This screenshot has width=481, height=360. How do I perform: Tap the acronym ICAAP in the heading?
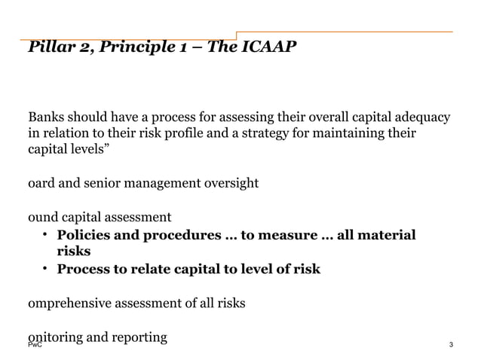[269, 48]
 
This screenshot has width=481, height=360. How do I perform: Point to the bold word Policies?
[86, 235]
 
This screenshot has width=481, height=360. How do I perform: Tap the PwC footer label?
[35, 346]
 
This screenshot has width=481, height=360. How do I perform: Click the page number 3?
[450, 346]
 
